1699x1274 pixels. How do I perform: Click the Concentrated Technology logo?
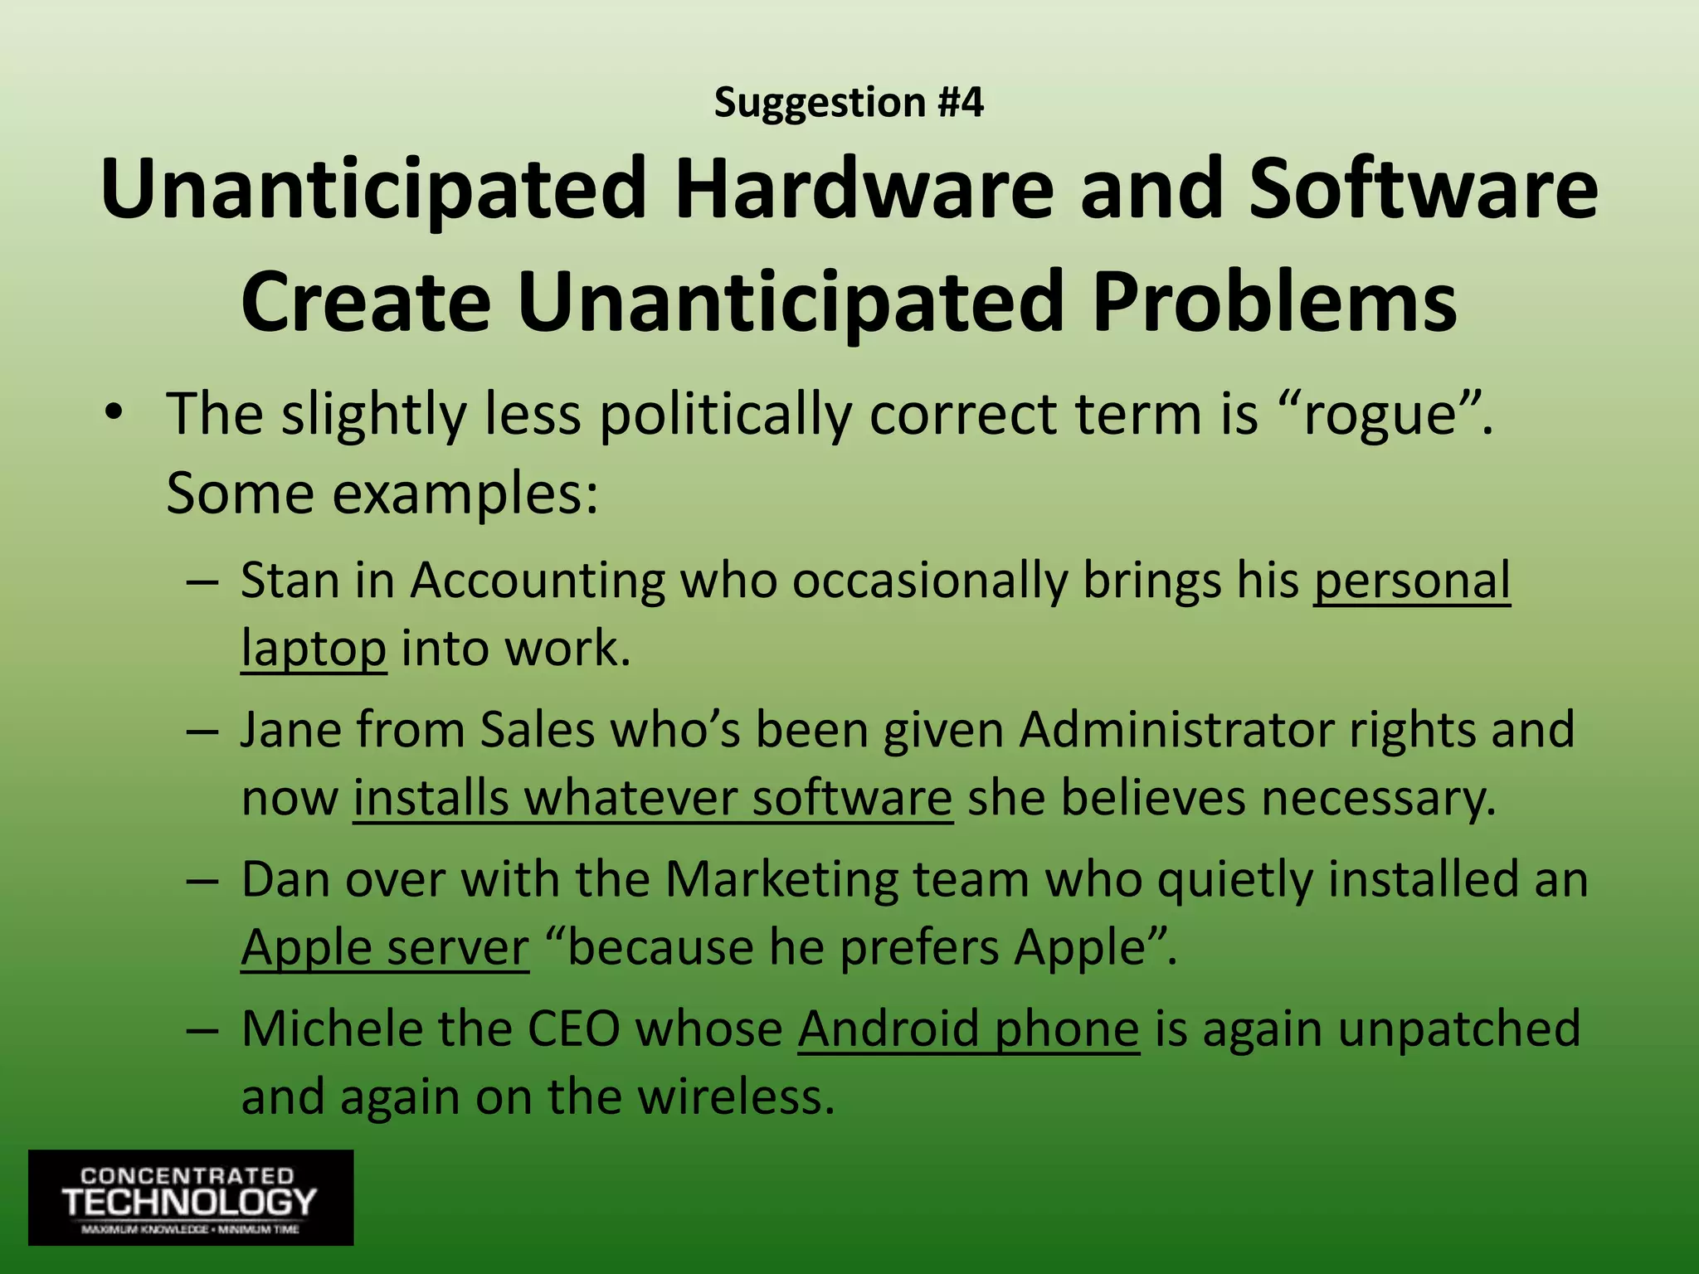(191, 1197)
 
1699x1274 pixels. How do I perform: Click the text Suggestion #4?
(849, 103)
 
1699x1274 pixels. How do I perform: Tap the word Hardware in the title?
(863, 189)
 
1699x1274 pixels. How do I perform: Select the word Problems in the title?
(1274, 301)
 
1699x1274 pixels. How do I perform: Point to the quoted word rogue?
(1380, 415)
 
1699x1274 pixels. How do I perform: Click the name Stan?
(290, 580)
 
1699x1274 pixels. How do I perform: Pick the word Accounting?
(538, 581)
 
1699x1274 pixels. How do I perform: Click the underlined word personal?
(1411, 581)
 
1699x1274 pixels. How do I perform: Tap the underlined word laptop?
(314, 649)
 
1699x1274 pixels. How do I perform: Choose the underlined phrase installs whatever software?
(653, 798)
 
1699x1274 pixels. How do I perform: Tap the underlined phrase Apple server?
(385, 947)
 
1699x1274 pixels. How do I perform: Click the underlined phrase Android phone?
(968, 1029)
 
